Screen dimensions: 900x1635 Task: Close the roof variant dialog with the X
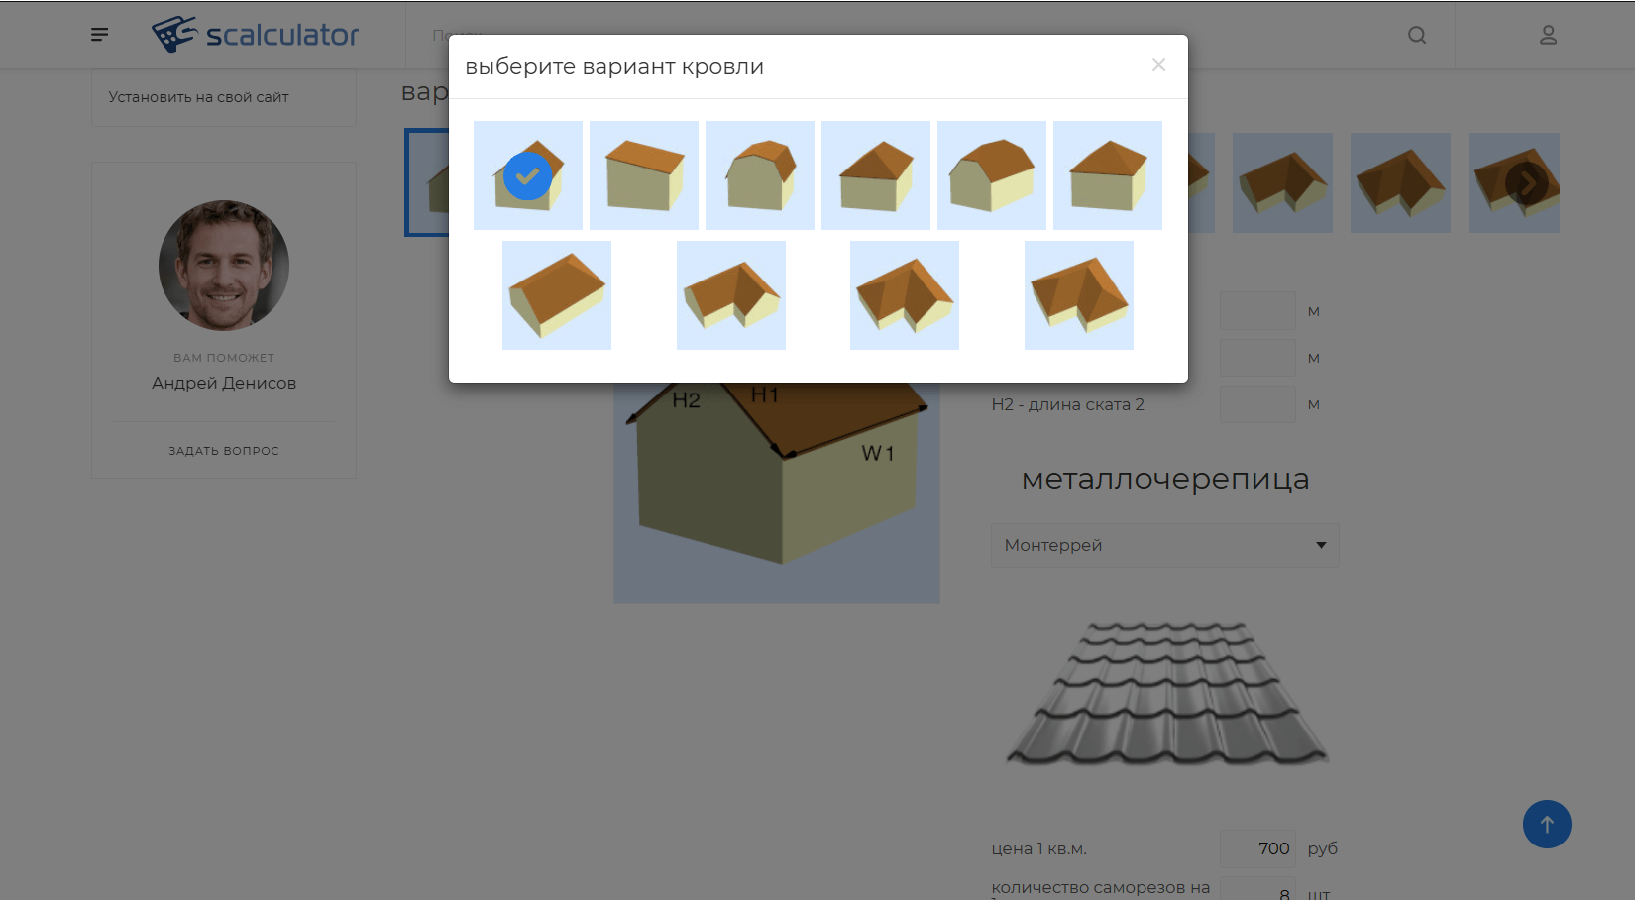[x=1158, y=65]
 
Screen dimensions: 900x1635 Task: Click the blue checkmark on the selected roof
[x=528, y=176]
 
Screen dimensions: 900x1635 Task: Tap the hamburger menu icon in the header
[x=99, y=35]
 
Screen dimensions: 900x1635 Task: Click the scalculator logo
[x=256, y=35]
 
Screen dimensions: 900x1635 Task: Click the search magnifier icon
[x=1417, y=35]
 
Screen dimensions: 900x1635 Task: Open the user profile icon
[x=1548, y=35]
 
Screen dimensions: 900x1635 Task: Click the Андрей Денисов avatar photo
[x=224, y=266]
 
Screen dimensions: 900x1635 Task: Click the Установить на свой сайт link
[x=198, y=97]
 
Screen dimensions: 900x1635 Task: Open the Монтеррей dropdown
[x=1164, y=545]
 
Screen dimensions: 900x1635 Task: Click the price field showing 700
[x=1257, y=848]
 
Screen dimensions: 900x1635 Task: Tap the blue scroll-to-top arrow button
[x=1547, y=824]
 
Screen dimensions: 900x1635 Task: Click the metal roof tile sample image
[x=1166, y=693]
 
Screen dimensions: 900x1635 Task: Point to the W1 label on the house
[x=878, y=454]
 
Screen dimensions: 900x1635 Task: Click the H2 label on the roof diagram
[x=686, y=400]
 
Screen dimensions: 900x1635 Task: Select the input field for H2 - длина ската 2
[x=1257, y=404]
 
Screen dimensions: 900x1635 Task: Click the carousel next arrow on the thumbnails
[x=1527, y=183]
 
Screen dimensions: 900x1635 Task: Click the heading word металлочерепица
[x=1165, y=479]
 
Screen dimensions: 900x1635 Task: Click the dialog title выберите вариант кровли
[x=614, y=67]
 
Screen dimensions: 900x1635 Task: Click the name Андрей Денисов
[x=224, y=383]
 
